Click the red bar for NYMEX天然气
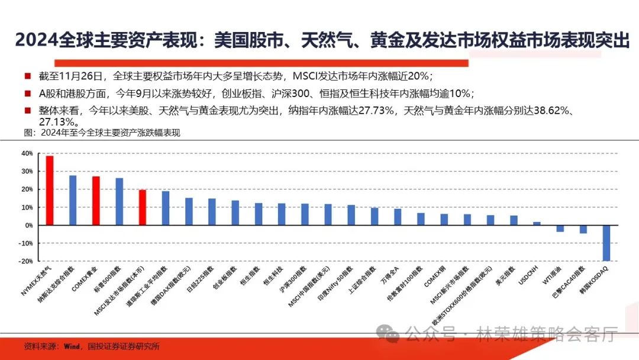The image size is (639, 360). pyautogui.click(x=50, y=190)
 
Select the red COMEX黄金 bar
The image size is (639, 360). pyautogui.click(x=96, y=201)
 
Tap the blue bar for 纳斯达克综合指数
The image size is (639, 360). pyautogui.click(x=73, y=200)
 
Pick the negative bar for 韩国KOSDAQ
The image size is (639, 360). pyautogui.click(x=606, y=243)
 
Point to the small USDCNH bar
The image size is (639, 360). pyautogui.click(x=537, y=223)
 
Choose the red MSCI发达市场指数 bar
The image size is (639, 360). pyautogui.click(x=143, y=207)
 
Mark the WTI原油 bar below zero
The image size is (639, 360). pyautogui.click(x=560, y=229)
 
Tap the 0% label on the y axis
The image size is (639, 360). pyautogui.click(x=28, y=226)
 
